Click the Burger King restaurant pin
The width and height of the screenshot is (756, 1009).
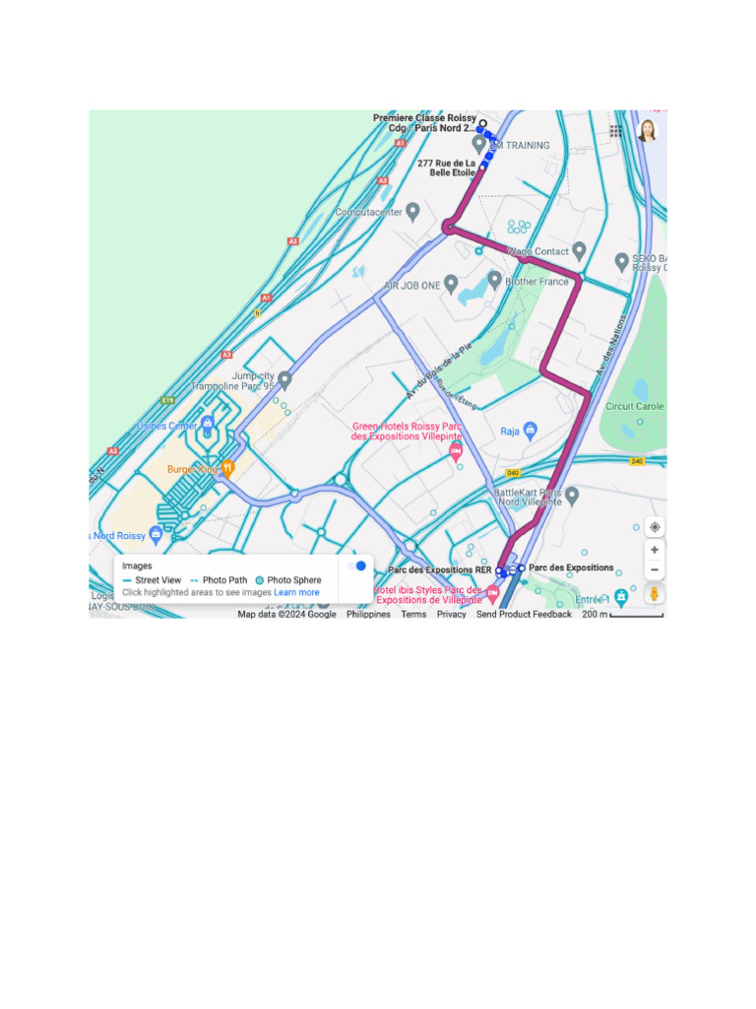tap(227, 468)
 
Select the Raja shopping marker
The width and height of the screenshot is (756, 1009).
tap(531, 431)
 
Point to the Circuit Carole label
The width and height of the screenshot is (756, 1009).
tap(634, 406)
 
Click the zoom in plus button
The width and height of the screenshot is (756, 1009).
tap(655, 549)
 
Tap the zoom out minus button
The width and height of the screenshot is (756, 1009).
tap(655, 570)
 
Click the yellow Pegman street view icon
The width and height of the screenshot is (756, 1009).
tap(655, 595)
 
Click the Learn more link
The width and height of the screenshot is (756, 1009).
tap(296, 593)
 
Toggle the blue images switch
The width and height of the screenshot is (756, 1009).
tap(357, 566)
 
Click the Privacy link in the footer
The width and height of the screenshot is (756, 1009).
tap(451, 614)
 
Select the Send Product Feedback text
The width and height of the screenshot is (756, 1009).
tap(524, 614)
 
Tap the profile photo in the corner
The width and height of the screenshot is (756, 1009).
tap(647, 131)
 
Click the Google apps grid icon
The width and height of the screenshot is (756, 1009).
tap(615, 131)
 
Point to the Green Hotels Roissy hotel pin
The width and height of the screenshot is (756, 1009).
tap(455, 451)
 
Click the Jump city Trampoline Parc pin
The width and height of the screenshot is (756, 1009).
tap(284, 379)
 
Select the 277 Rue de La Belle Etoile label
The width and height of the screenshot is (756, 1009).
tap(446, 168)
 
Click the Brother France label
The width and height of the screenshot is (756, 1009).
tap(536, 282)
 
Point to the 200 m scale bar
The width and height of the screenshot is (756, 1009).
tap(636, 615)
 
